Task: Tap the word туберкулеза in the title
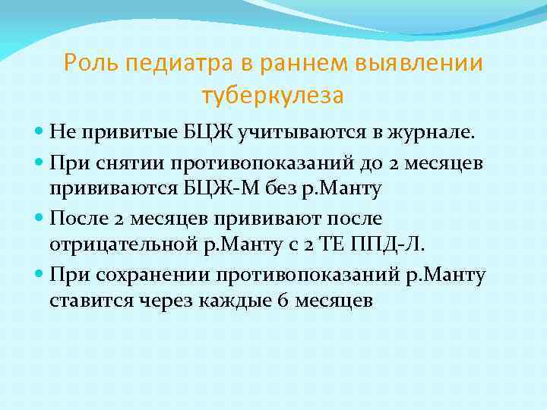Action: click(273, 96)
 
